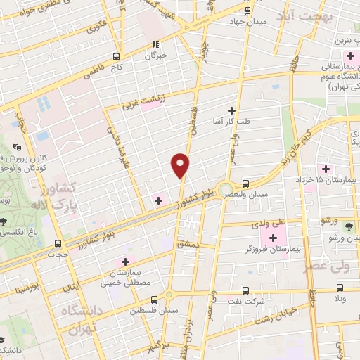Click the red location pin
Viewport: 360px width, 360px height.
(181, 165)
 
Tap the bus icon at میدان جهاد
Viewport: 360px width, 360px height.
(247, 11)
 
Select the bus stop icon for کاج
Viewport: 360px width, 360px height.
(117, 56)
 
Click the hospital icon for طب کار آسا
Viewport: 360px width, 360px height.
(232, 110)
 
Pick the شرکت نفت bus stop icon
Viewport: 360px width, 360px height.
(244, 290)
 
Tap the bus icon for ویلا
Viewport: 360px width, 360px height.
(340, 288)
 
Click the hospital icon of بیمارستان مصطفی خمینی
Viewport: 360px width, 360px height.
(125, 262)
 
